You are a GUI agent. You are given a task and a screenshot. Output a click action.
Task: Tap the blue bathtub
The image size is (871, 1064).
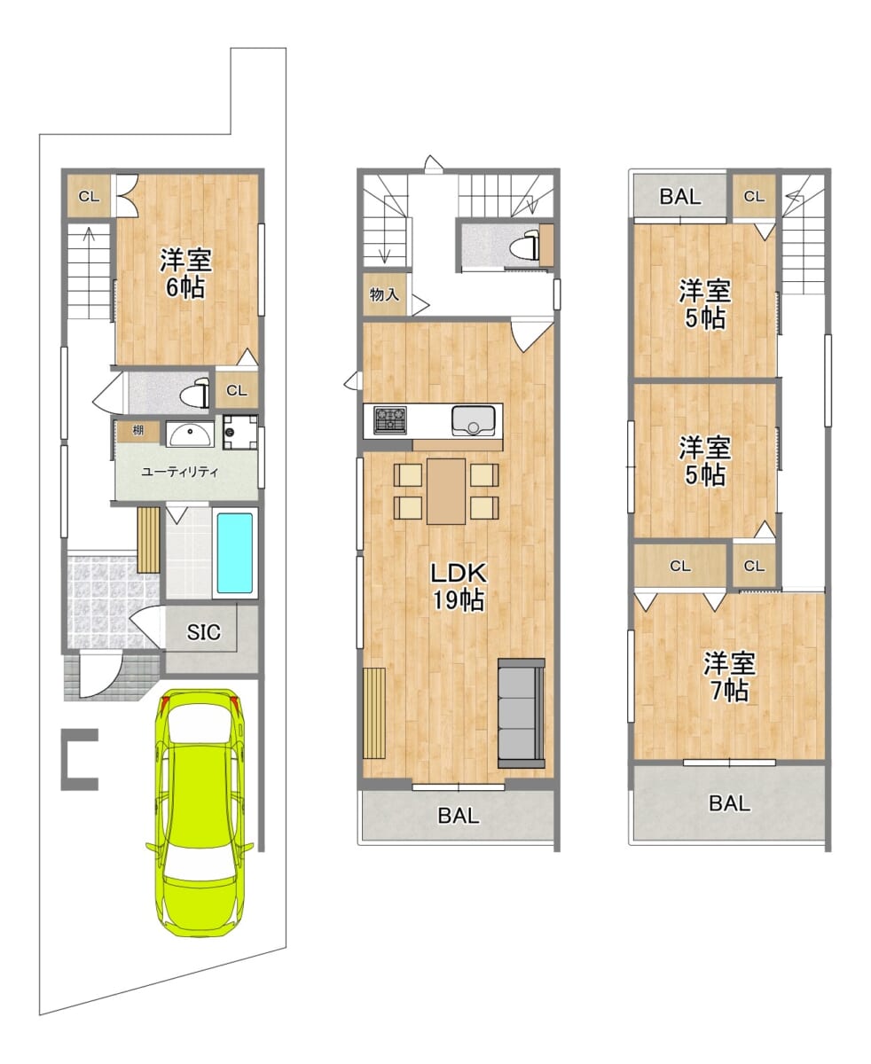[x=235, y=553]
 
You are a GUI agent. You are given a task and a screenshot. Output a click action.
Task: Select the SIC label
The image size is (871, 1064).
[x=203, y=632]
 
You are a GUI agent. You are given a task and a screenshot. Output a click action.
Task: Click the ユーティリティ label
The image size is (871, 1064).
[x=180, y=473]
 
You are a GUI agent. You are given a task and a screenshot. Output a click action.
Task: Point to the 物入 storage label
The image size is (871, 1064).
[x=384, y=294]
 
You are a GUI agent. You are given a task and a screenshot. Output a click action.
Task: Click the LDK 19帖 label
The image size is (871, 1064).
[x=458, y=587]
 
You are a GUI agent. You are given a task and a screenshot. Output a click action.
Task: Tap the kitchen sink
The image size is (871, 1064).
[x=474, y=420]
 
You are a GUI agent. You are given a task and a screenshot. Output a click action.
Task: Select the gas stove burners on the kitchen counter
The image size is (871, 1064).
[x=390, y=419]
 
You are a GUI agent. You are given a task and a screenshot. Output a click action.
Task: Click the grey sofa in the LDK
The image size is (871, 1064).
[x=522, y=714]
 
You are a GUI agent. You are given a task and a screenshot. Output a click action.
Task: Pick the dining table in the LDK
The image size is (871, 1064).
[x=446, y=491]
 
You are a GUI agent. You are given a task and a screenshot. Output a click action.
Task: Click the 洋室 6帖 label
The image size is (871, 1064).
[x=185, y=273]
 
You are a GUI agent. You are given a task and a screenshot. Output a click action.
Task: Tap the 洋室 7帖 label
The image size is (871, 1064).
[x=730, y=677]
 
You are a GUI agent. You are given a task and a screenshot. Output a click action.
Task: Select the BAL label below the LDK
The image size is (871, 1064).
[x=459, y=816]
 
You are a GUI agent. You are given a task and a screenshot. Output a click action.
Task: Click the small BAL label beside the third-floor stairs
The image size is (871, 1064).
[x=680, y=196]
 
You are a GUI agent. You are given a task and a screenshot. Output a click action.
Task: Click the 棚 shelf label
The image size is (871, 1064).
[x=137, y=430]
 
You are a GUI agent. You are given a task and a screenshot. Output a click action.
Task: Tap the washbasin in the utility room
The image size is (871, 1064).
[x=190, y=434]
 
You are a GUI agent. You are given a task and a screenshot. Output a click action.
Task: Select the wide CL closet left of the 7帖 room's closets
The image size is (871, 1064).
[x=679, y=566]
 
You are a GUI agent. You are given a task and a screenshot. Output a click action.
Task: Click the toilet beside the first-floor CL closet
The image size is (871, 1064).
[x=197, y=394]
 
